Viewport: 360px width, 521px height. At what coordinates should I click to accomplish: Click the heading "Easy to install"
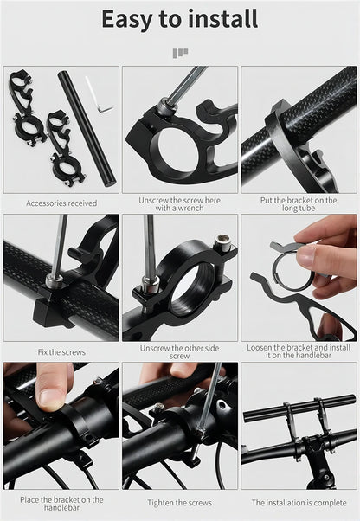tap(180, 19)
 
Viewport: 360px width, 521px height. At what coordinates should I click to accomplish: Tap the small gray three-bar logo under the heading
tap(180, 53)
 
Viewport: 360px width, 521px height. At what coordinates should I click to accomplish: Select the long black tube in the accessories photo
tap(87, 129)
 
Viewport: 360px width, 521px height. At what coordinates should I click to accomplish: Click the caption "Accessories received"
tap(61, 203)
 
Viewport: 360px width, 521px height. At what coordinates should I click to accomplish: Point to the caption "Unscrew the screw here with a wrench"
tap(180, 204)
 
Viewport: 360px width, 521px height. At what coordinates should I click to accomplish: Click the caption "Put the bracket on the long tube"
tap(299, 204)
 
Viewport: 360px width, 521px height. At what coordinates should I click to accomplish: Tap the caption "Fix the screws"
tap(61, 352)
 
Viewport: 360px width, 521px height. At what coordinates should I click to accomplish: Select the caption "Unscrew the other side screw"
tap(180, 352)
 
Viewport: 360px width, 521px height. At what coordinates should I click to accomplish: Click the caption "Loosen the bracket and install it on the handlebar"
tap(299, 351)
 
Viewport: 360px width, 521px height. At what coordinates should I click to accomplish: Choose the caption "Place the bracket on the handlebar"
tap(61, 504)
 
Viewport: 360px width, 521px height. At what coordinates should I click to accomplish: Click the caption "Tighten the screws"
tap(180, 503)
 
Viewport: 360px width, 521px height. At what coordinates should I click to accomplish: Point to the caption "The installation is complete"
tap(299, 503)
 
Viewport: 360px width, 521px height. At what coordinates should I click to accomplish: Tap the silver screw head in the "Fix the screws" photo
tap(54, 280)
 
